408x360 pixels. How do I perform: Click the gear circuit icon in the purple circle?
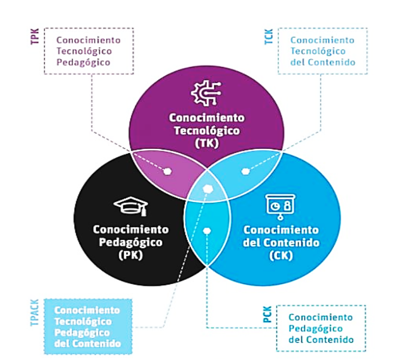point(206,93)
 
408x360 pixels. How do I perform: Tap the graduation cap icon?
point(130,206)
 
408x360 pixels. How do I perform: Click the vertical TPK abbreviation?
point(35,36)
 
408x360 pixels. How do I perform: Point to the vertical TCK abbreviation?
point(269,36)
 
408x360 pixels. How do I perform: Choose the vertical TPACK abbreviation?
point(35,312)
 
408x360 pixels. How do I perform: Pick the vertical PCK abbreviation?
point(267,314)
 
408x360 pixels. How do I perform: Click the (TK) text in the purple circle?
point(207,143)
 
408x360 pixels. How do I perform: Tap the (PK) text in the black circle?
point(130,255)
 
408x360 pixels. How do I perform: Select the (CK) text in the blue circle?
point(281,255)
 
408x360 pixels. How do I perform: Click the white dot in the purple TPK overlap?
point(168,171)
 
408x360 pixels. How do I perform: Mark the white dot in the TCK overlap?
point(245,171)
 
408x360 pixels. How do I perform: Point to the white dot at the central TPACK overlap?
point(208,189)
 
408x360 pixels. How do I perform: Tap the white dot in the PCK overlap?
point(207,231)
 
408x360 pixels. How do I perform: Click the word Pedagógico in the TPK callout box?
point(83,63)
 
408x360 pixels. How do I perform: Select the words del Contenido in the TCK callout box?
point(322,62)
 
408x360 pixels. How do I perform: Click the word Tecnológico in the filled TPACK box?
point(83,322)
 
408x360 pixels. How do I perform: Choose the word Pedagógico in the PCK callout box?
point(315,329)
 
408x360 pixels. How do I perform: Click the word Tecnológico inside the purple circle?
point(207,130)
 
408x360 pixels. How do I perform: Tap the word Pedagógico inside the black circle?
point(130,242)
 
